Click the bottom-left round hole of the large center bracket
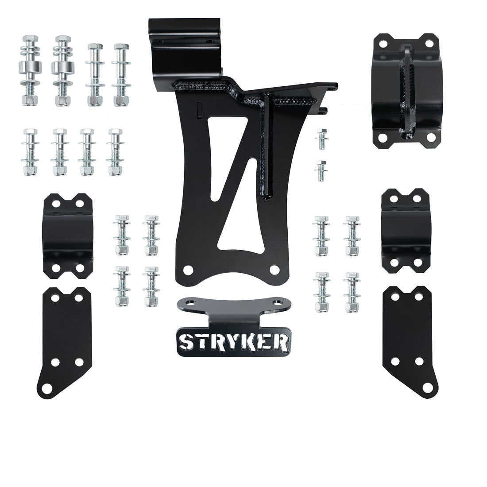coord(188,270)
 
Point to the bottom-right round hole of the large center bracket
coord(274,270)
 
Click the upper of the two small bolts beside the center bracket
coord(322,139)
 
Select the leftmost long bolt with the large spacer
coord(30,71)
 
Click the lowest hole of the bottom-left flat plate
coord(47,388)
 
